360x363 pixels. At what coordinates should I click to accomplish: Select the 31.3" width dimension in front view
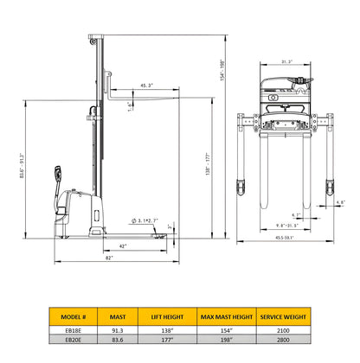pyautogui.click(x=286, y=61)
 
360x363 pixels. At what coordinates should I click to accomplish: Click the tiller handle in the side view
pyautogui.click(x=58, y=174)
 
